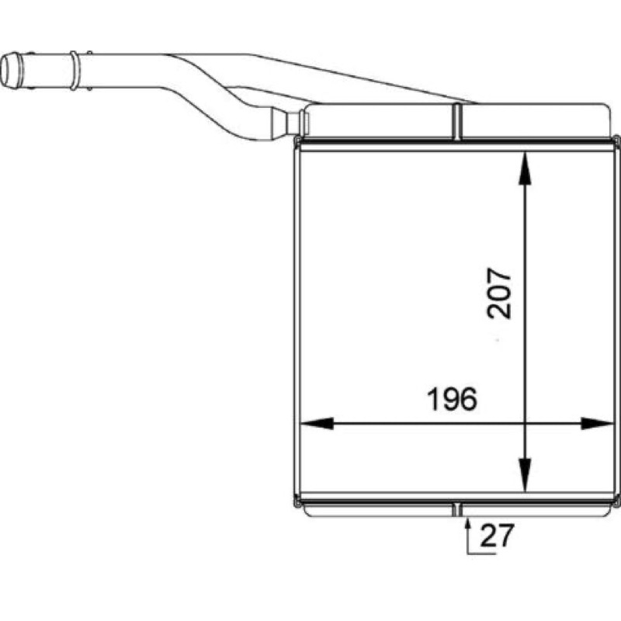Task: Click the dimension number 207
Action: click(x=499, y=294)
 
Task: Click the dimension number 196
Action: click(x=452, y=399)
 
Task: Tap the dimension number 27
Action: click(x=497, y=536)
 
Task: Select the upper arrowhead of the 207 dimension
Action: click(x=525, y=168)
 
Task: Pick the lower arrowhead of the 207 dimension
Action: click(x=525, y=476)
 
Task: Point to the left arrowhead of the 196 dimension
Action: click(x=317, y=423)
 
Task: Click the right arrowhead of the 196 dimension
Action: click(x=597, y=423)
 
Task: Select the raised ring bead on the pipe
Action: click(x=75, y=71)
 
